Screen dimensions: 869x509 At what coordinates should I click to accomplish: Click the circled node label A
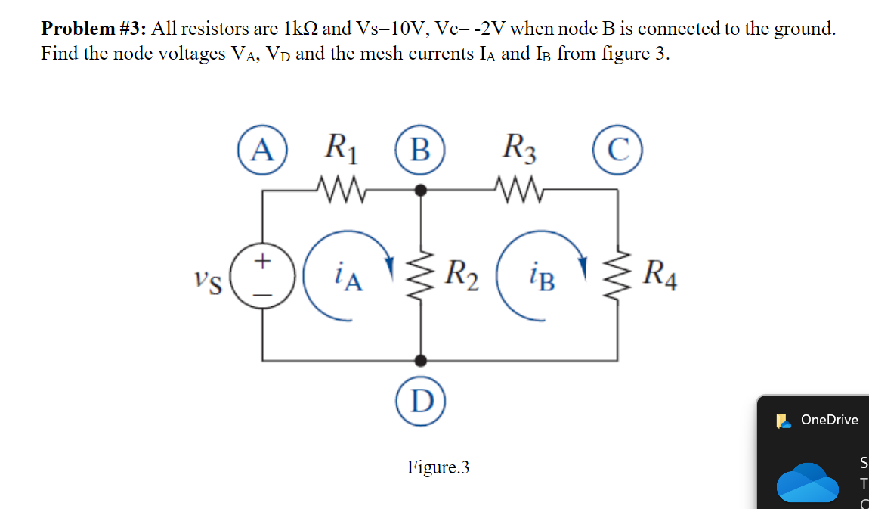tap(262, 150)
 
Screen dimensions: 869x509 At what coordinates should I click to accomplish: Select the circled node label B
tap(420, 150)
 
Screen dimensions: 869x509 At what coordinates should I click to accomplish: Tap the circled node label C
tap(617, 150)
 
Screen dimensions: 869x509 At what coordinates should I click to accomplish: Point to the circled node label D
tap(421, 401)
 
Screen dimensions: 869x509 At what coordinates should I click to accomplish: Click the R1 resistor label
tap(342, 148)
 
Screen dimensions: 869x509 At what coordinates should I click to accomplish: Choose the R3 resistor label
tap(519, 148)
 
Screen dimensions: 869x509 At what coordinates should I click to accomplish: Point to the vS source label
tap(209, 282)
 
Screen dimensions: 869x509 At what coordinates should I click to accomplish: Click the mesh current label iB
tap(542, 277)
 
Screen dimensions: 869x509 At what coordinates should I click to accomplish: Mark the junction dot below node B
tap(421, 191)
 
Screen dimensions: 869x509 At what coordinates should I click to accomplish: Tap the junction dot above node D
tap(421, 361)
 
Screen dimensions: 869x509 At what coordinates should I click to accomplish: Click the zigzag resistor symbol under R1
tap(342, 190)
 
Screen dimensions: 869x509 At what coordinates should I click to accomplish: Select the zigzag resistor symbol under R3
tap(520, 190)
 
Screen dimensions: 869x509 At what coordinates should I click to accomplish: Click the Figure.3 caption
tap(438, 467)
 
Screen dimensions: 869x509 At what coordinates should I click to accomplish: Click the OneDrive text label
tap(830, 420)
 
